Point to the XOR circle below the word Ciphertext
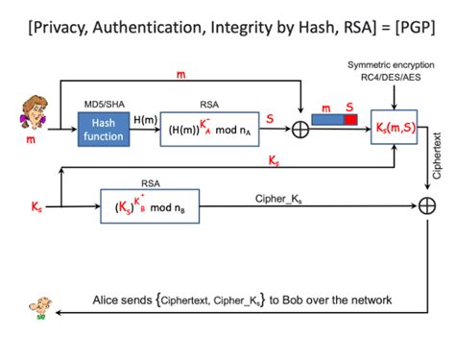425,204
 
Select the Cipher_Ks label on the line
285,198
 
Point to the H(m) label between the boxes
146,118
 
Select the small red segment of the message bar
351,120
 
